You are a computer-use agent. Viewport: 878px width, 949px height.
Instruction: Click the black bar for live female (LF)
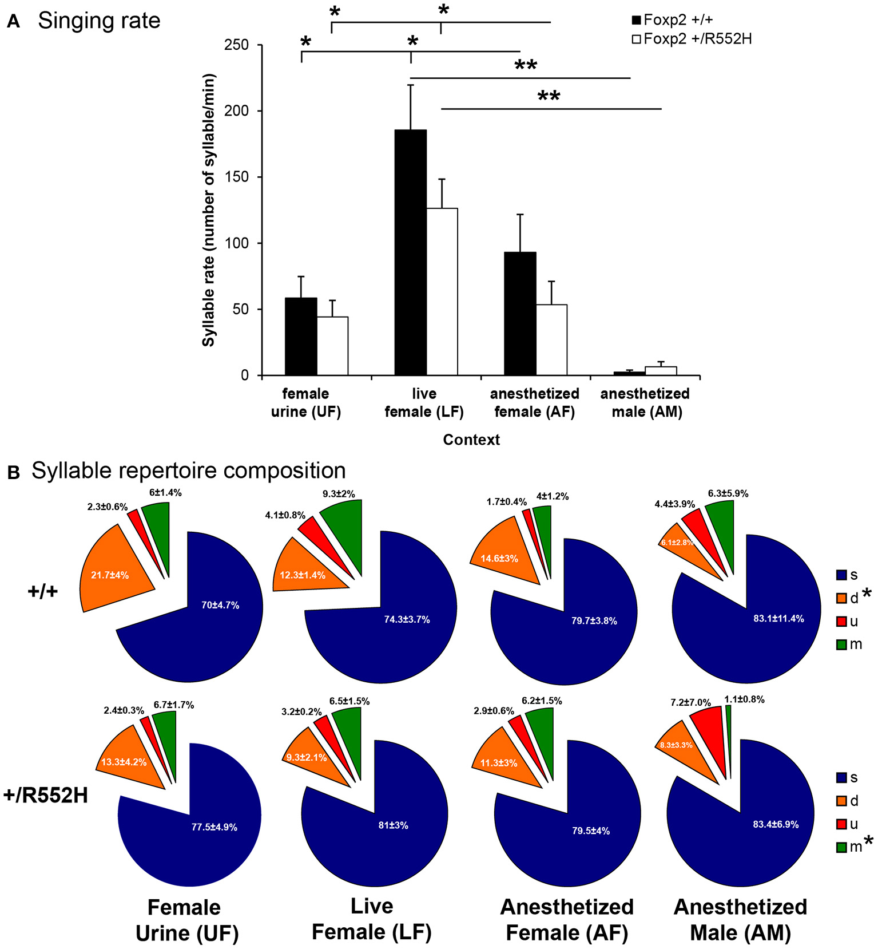pyautogui.click(x=410, y=252)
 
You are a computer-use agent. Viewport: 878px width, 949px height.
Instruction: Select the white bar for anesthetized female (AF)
pyautogui.click(x=551, y=340)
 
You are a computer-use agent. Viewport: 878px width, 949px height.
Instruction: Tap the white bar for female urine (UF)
pyautogui.click(x=332, y=346)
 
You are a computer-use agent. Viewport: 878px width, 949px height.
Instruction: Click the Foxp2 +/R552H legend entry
pyautogui.click(x=692, y=39)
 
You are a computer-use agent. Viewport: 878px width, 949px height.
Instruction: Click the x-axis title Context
pyautogui.click(x=471, y=440)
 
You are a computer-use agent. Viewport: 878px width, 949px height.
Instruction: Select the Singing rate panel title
pyautogui.click(x=99, y=21)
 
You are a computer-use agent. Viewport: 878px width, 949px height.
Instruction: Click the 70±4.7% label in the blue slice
pyautogui.click(x=220, y=605)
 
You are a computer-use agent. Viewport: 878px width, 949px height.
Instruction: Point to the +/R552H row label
pyautogui.click(x=46, y=795)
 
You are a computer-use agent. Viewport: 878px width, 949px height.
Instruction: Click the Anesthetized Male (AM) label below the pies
pyautogui.click(x=740, y=919)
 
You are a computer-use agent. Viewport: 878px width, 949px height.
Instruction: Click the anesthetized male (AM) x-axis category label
pyautogui.click(x=645, y=402)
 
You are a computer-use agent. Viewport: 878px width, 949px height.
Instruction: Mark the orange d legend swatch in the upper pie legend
pyautogui.click(x=841, y=598)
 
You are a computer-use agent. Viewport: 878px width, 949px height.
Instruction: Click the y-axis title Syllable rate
pyautogui.click(x=208, y=210)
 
